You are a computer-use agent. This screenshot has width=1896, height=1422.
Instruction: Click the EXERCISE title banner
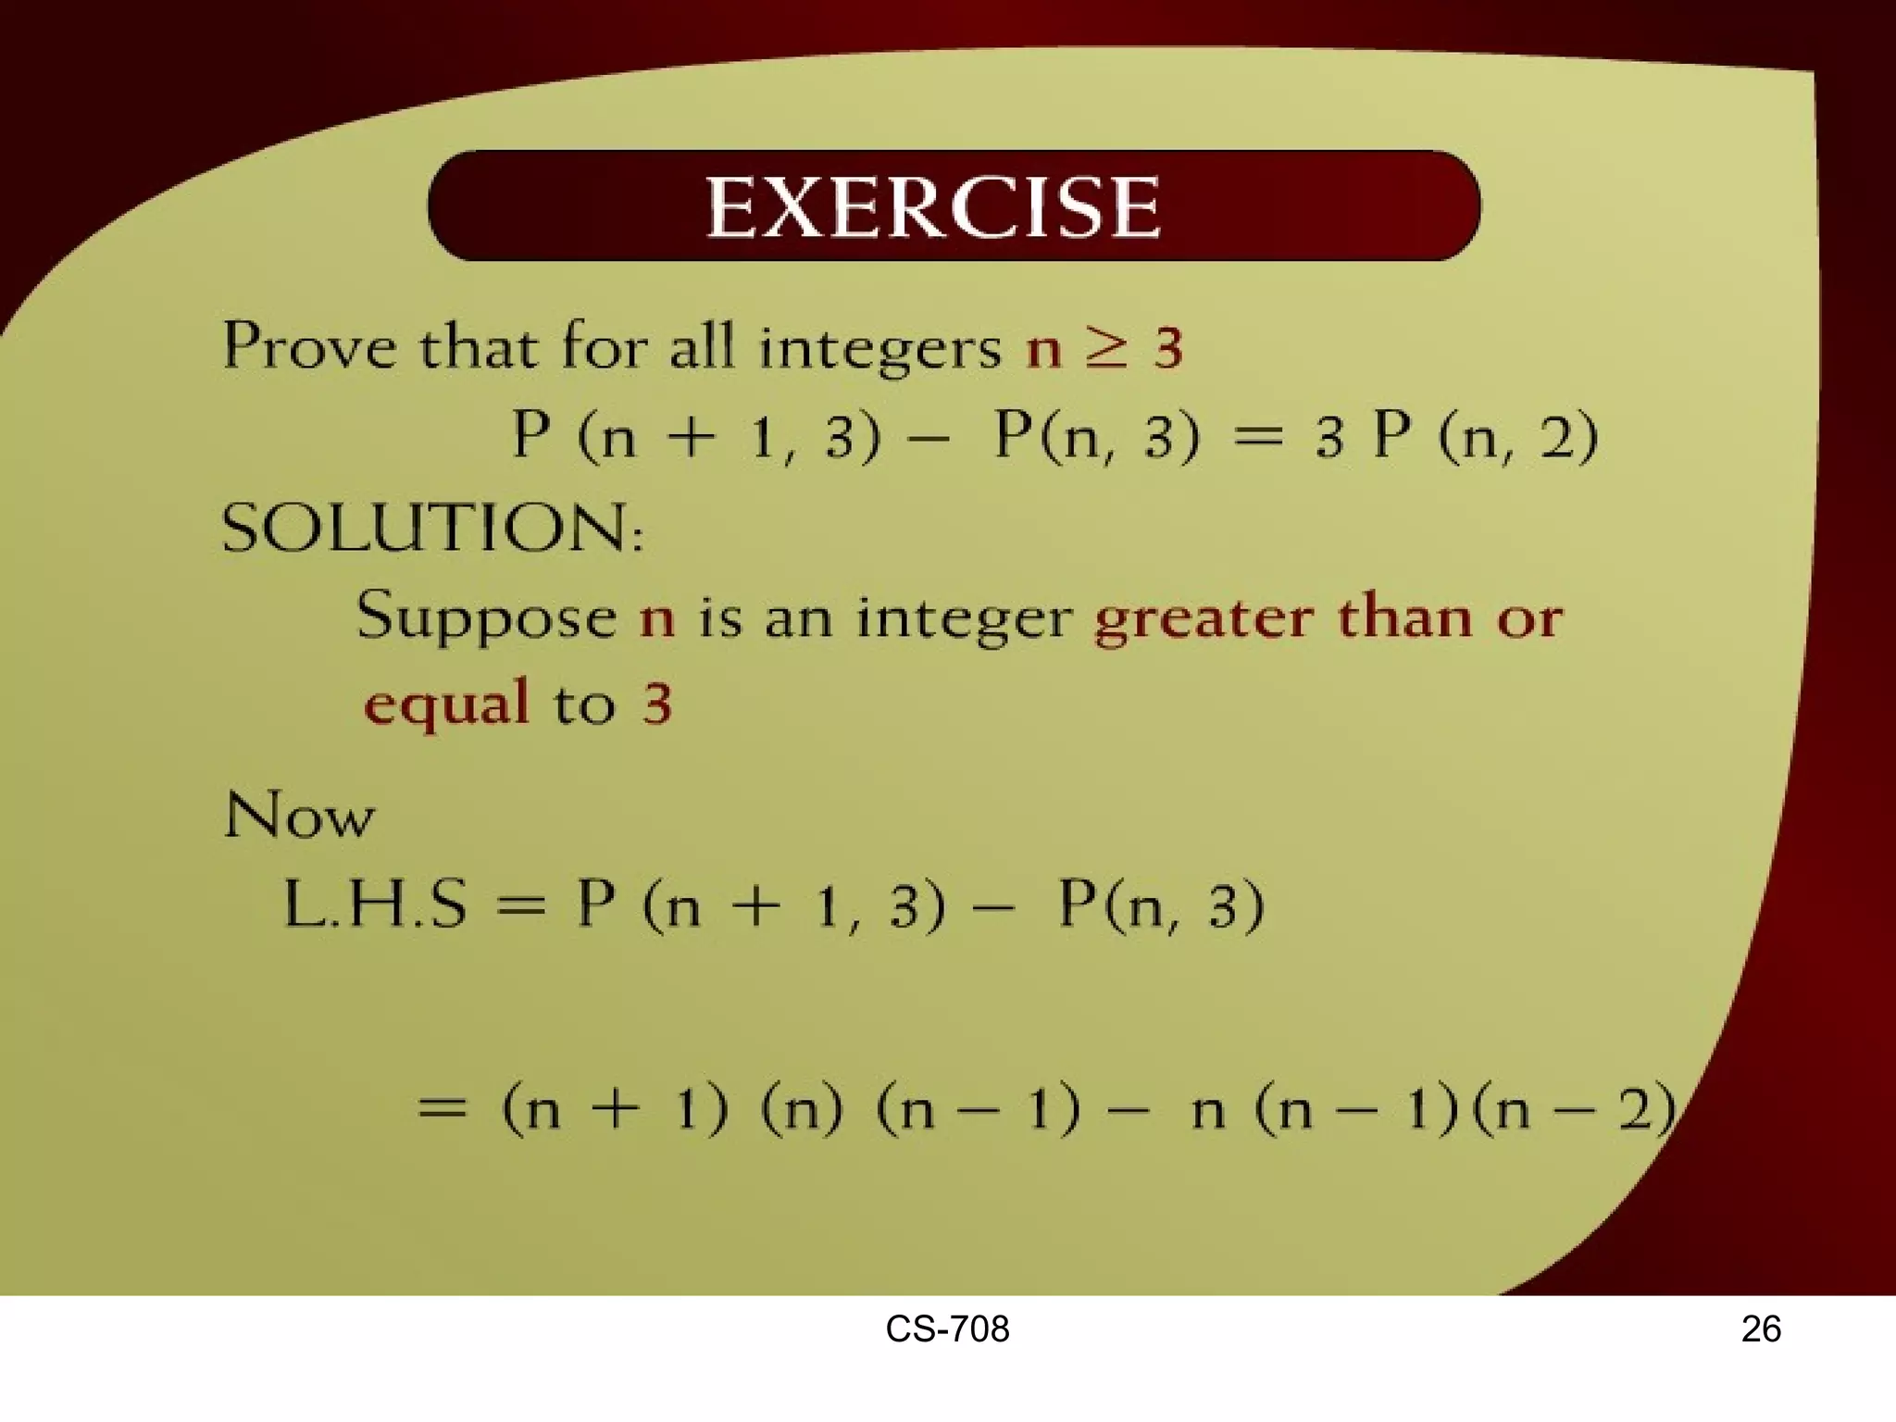click(x=954, y=206)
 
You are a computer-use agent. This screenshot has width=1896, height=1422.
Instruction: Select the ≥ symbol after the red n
click(x=1107, y=348)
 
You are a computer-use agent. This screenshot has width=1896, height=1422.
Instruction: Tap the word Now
click(x=299, y=817)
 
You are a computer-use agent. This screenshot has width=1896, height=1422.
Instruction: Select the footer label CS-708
click(x=947, y=1329)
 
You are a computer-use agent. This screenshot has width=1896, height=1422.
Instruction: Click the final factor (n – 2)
click(x=1574, y=1108)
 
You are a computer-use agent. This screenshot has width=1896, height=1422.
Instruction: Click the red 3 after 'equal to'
click(x=656, y=705)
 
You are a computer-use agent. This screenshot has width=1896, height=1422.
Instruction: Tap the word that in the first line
click(x=478, y=348)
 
